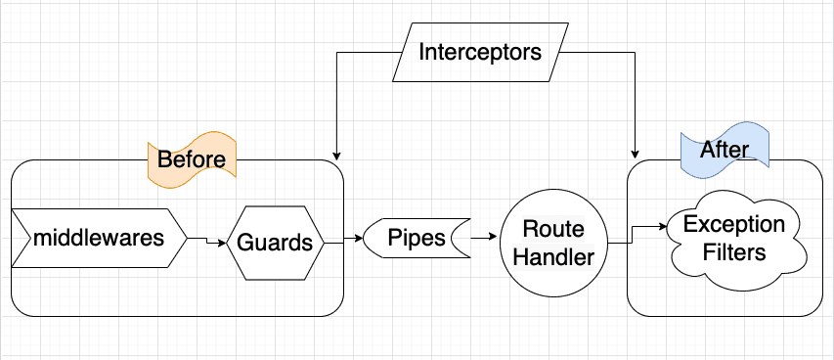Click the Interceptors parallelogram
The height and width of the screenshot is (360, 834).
point(479,52)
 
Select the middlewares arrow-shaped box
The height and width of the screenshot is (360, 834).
point(98,238)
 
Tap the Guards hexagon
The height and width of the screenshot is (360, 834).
point(276,242)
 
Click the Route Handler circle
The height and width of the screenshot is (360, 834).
point(552,242)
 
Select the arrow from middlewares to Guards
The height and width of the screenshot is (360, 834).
point(206,240)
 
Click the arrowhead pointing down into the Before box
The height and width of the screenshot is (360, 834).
point(335,155)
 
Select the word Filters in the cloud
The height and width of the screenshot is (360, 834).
point(734,252)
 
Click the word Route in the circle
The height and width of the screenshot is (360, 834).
point(553,229)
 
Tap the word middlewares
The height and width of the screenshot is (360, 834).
point(98,238)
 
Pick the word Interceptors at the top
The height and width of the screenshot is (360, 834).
point(479,52)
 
